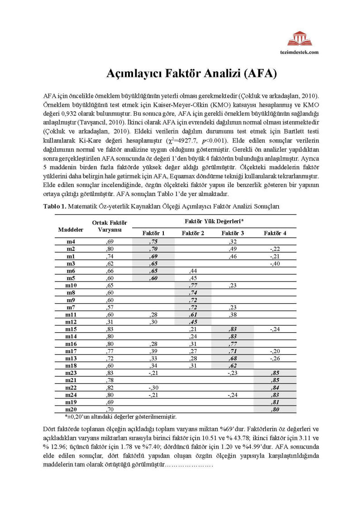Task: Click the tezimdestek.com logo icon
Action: coord(300,38)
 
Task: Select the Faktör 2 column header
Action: coord(193,233)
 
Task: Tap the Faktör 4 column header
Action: coord(275,233)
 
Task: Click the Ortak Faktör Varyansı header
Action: coord(110,226)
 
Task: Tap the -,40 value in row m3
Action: coord(275,263)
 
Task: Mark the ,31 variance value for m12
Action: coord(110,322)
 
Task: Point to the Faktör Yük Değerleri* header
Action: coord(214,220)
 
